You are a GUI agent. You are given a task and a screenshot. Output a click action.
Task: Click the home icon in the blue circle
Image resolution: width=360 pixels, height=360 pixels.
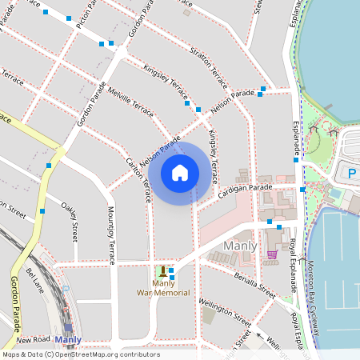point(180,173)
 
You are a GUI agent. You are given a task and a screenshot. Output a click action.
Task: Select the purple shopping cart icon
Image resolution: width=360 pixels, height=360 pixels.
point(271,254)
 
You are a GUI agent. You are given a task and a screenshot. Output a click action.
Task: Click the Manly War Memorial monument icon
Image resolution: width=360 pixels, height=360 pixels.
point(164,271)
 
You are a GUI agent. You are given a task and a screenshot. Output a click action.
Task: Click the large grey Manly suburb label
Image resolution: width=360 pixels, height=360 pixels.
point(241,246)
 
